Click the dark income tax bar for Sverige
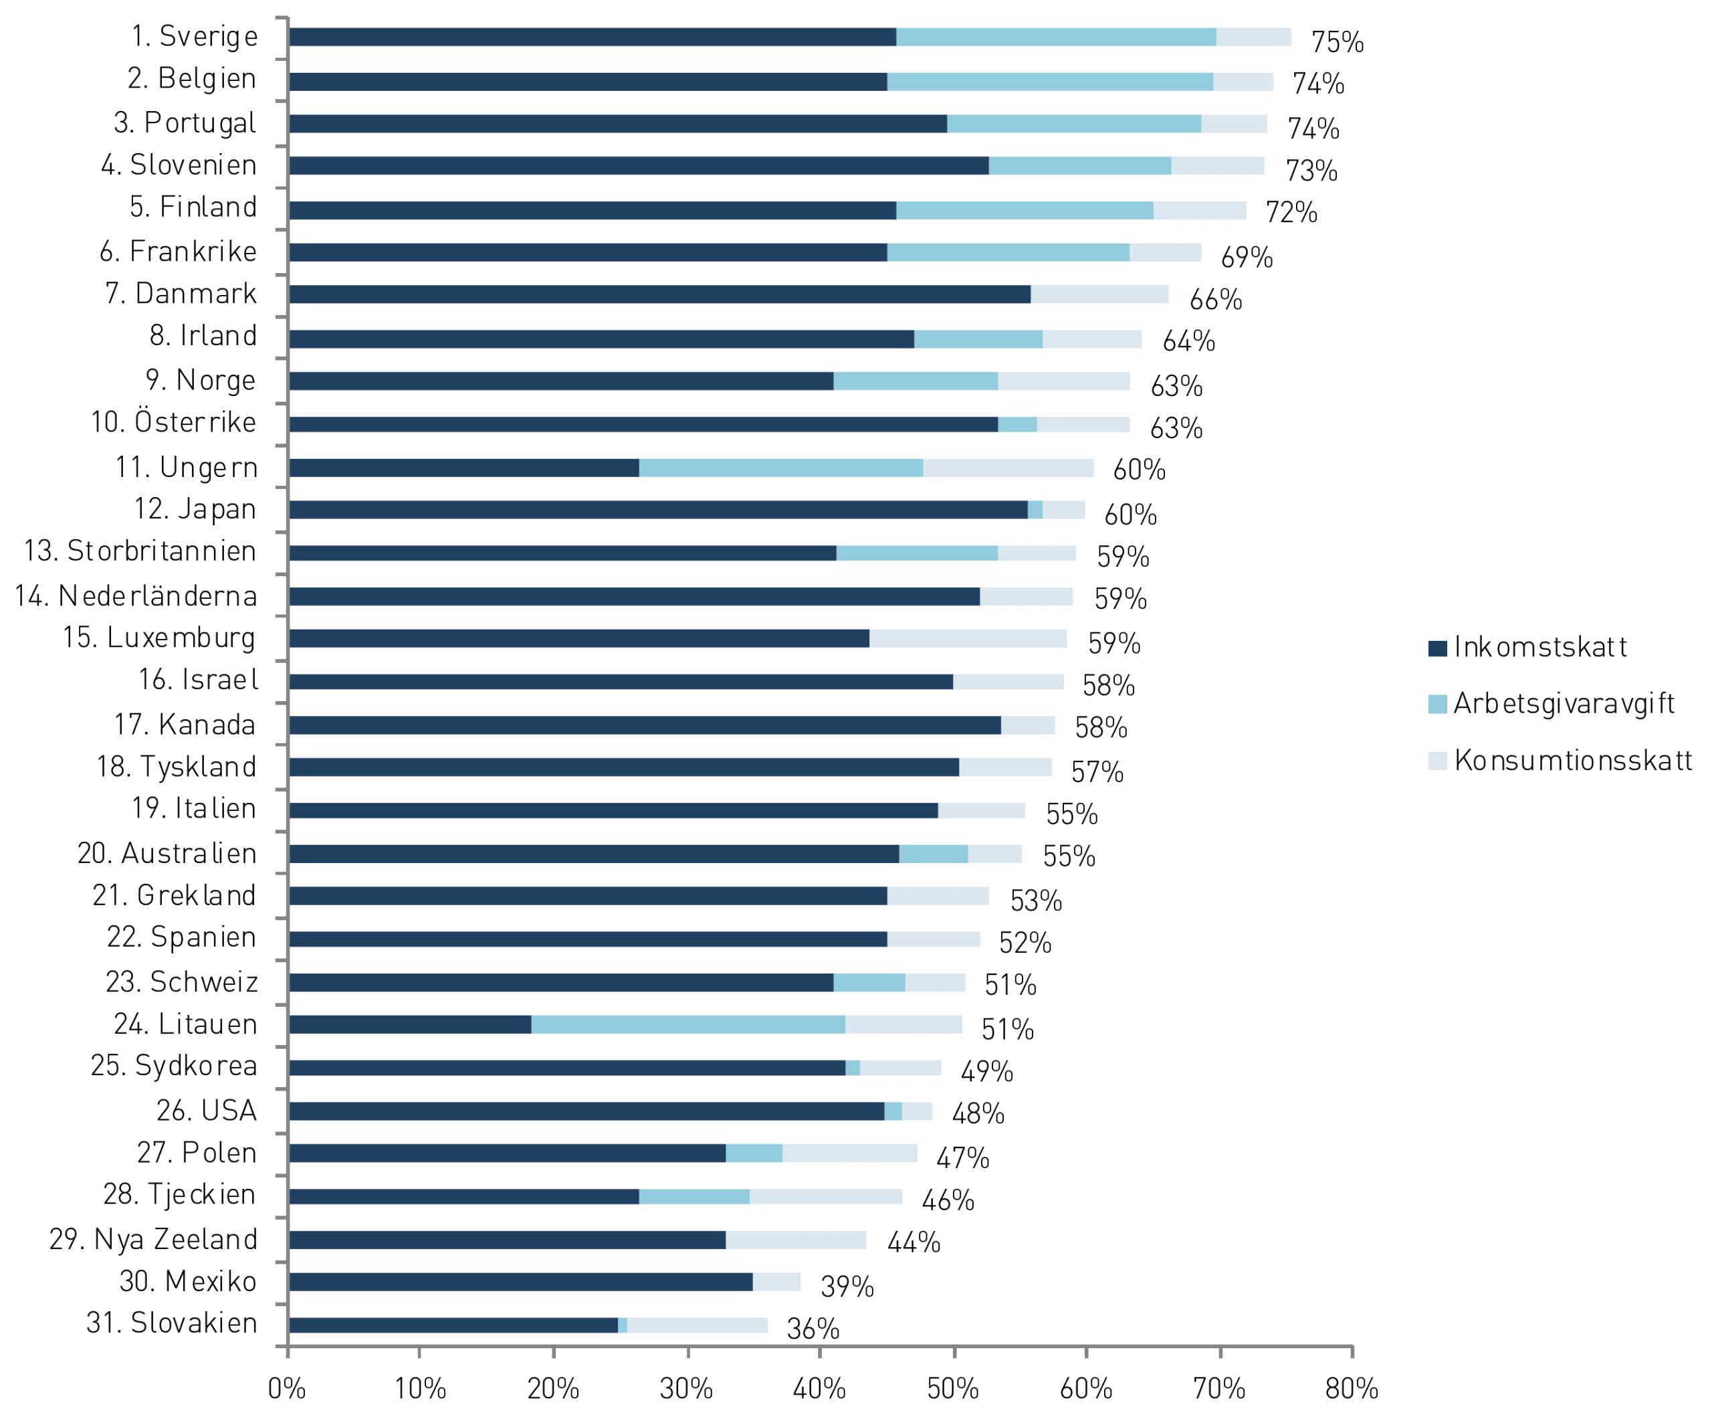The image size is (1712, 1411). [x=593, y=37]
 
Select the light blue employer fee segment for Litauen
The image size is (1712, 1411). [x=688, y=1024]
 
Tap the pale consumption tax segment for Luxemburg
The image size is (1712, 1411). [x=968, y=638]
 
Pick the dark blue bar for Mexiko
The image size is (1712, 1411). [x=521, y=1282]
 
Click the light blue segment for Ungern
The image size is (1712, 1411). [x=781, y=468]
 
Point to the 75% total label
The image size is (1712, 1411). [x=1337, y=42]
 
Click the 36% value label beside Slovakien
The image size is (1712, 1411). [x=813, y=1329]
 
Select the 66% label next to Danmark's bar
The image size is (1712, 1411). [x=1216, y=300]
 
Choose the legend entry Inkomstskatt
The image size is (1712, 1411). [x=1527, y=647]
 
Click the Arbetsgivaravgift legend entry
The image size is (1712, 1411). [x=1551, y=704]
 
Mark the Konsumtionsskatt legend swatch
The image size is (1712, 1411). [x=1437, y=761]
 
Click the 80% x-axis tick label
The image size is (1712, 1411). [x=1352, y=1388]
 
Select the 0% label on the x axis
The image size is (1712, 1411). [x=287, y=1388]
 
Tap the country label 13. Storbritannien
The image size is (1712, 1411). [x=140, y=551]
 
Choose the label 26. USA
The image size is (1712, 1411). [x=207, y=1111]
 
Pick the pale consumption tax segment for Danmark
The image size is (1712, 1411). [x=1099, y=294]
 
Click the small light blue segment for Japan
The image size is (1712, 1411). [x=1035, y=510]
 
